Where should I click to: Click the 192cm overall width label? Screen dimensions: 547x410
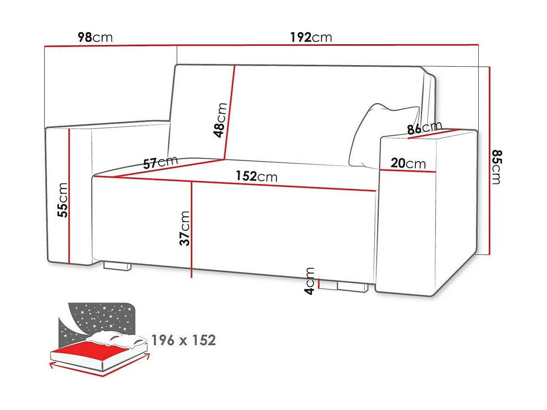point(311,37)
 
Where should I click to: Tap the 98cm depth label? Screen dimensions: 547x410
point(95,37)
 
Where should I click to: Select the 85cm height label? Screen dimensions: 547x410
point(497,167)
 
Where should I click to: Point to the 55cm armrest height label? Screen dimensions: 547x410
point(62,200)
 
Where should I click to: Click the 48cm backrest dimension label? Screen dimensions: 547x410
point(220,120)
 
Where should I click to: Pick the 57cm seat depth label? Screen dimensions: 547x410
point(160,162)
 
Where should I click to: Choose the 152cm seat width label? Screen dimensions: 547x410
point(256,176)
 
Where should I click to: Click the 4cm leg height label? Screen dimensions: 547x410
point(310,281)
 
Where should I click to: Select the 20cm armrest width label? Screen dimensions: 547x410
point(408,163)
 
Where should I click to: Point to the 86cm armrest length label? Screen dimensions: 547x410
point(424,128)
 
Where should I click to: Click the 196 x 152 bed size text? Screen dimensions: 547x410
point(183,340)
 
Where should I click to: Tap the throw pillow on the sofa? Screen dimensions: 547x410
point(382,134)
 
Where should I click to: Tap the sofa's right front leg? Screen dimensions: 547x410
point(352,287)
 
